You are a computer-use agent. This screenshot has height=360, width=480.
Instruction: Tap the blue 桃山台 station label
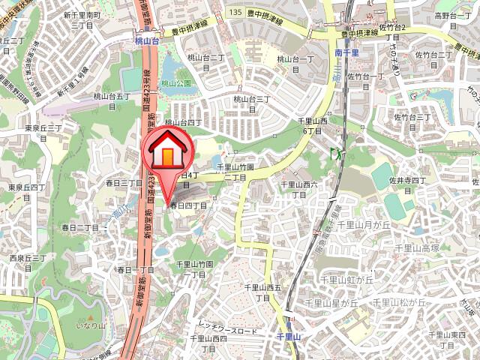click(147, 43)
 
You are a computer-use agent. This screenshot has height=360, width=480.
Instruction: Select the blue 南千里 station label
click(349, 54)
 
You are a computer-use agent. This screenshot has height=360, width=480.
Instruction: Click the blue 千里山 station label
click(288, 337)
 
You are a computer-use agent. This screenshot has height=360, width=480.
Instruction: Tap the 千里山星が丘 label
click(329, 303)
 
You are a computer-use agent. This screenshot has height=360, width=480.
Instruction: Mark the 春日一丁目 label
click(136, 269)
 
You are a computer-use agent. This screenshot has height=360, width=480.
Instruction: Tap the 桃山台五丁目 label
click(112, 101)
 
